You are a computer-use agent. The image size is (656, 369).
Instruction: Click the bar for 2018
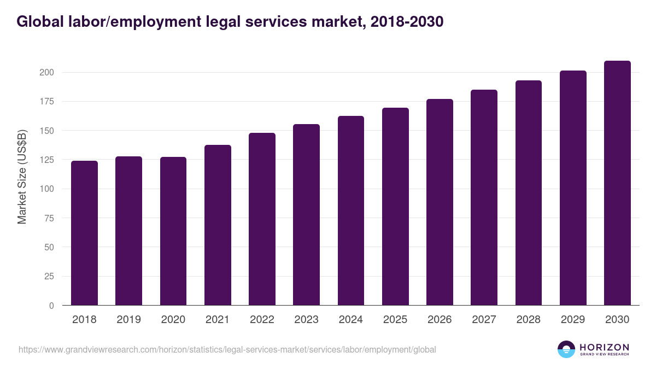84,233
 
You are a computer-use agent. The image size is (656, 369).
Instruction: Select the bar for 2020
173,231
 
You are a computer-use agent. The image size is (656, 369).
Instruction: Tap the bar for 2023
306,215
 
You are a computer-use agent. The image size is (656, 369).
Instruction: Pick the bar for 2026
440,202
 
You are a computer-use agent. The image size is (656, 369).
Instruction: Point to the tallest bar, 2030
617,183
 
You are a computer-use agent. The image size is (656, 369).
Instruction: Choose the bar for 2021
218,225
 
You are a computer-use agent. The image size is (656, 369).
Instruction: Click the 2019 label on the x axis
128,320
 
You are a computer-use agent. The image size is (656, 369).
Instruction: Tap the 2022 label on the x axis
262,320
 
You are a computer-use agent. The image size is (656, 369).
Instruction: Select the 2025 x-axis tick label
395,320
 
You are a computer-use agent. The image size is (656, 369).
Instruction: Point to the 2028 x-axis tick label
529,320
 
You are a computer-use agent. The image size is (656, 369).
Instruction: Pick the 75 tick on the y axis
49,218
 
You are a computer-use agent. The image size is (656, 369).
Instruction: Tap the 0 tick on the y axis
51,306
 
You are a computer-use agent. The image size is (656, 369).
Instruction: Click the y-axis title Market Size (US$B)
22,177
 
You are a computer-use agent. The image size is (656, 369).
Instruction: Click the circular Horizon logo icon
566,349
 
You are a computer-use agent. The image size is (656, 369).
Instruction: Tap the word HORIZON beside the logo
604,347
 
